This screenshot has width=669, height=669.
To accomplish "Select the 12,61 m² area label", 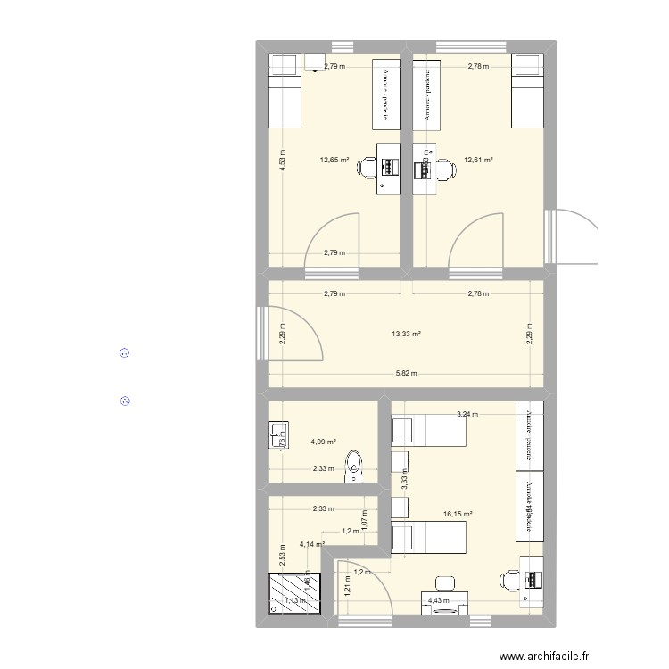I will pos(478,161).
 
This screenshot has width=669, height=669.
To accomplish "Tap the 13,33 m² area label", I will pos(406,334).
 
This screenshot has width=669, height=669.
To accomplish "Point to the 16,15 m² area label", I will pos(458,514).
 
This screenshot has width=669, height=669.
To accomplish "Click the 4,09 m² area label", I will pos(323,442).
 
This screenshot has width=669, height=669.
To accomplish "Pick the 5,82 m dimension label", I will pos(406,375).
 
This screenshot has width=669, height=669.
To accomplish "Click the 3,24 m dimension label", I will pos(467,414).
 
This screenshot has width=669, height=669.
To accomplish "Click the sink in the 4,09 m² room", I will pos(275,436).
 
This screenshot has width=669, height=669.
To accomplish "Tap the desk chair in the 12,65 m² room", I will pos(368,167).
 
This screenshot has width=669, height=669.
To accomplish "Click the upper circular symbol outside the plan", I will pos(125,354).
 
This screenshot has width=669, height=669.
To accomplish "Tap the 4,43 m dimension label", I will pos(439,600).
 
